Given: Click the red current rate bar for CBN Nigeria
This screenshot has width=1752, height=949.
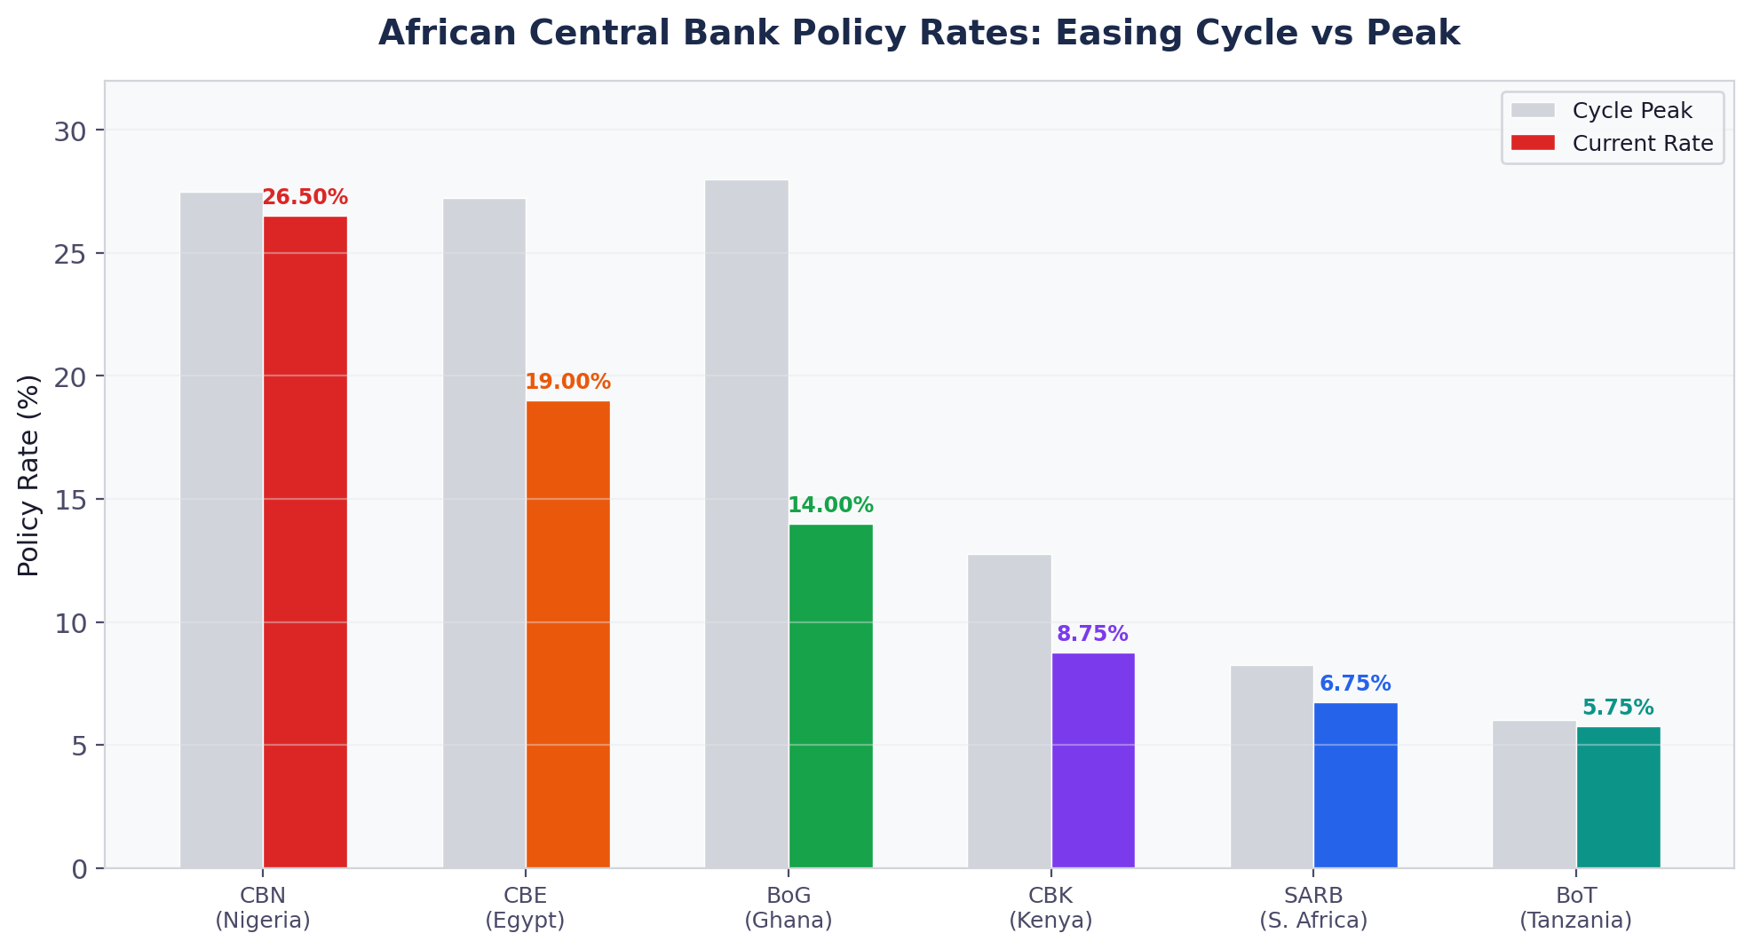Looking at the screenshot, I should click(305, 542).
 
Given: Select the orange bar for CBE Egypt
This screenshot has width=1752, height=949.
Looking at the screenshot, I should click(568, 634).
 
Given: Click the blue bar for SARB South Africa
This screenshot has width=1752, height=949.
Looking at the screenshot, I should click(1356, 785).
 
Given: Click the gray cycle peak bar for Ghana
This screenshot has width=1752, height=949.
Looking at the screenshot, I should click(747, 524).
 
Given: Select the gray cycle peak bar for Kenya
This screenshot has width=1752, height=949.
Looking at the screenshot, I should click(1010, 710).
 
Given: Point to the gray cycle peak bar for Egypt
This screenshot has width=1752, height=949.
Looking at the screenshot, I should click(484, 533).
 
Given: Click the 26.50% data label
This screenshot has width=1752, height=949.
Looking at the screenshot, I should click(305, 198).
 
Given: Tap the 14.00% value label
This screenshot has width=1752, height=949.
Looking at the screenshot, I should click(830, 506).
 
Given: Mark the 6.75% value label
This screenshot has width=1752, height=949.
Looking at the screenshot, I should click(1355, 684).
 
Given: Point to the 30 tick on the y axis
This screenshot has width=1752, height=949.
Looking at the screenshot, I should click(73, 131).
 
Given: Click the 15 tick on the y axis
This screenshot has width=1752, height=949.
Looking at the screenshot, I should click(73, 500).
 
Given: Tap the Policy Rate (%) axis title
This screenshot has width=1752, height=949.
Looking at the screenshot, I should click(28, 475).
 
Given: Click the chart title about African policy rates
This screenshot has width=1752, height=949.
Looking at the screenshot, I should click(919, 34).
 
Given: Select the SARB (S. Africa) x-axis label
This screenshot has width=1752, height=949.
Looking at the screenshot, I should click(1313, 907).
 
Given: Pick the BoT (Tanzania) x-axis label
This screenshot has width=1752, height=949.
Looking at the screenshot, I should click(1576, 907).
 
